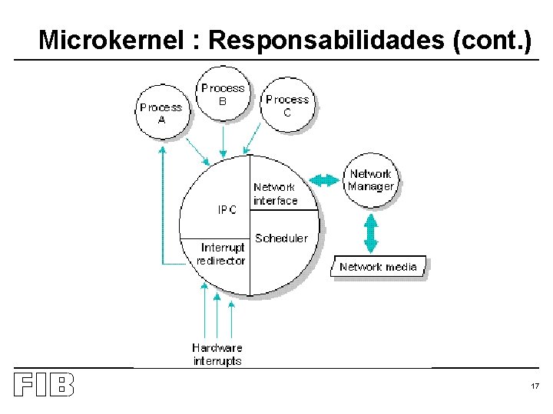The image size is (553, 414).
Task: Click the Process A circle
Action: coord(161,113)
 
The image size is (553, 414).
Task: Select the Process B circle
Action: coord(223,94)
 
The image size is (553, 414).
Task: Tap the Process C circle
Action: coord(287,105)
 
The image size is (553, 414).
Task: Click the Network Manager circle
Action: coord(371,180)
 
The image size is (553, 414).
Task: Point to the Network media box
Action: coord(378,267)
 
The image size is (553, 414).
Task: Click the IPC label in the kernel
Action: coord(227,210)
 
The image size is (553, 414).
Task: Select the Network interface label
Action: coord(275,194)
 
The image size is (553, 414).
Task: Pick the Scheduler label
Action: coord(281,238)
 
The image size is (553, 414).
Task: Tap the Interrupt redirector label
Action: coord(223,254)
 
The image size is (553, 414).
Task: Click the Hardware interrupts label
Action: coord(217,354)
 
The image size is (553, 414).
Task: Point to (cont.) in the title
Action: coord(492,40)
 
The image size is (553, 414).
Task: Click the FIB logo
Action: coord(44,384)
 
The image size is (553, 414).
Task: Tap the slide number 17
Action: coord(535,386)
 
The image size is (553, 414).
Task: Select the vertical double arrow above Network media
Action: coord(372,233)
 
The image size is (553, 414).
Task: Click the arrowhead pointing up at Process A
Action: coord(162,151)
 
